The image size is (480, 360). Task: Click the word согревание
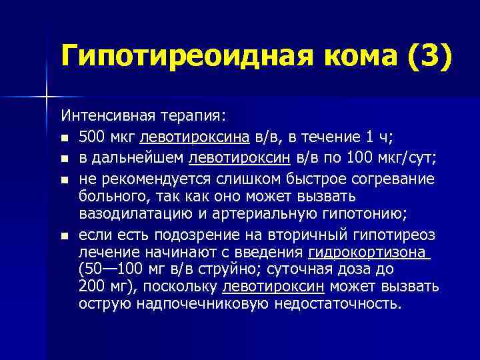pos(393,179)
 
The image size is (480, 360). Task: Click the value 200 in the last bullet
pos(91,287)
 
